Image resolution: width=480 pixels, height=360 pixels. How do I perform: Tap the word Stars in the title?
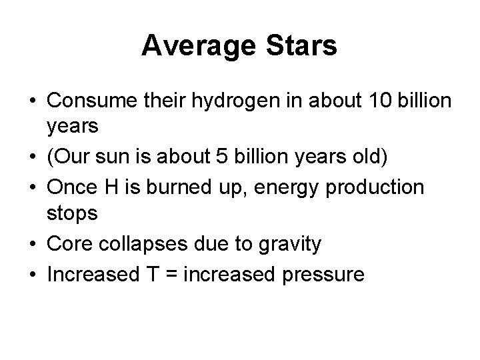click(303, 46)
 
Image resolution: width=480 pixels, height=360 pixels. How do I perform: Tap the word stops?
click(72, 215)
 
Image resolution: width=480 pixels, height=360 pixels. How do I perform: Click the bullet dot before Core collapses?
click(32, 245)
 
